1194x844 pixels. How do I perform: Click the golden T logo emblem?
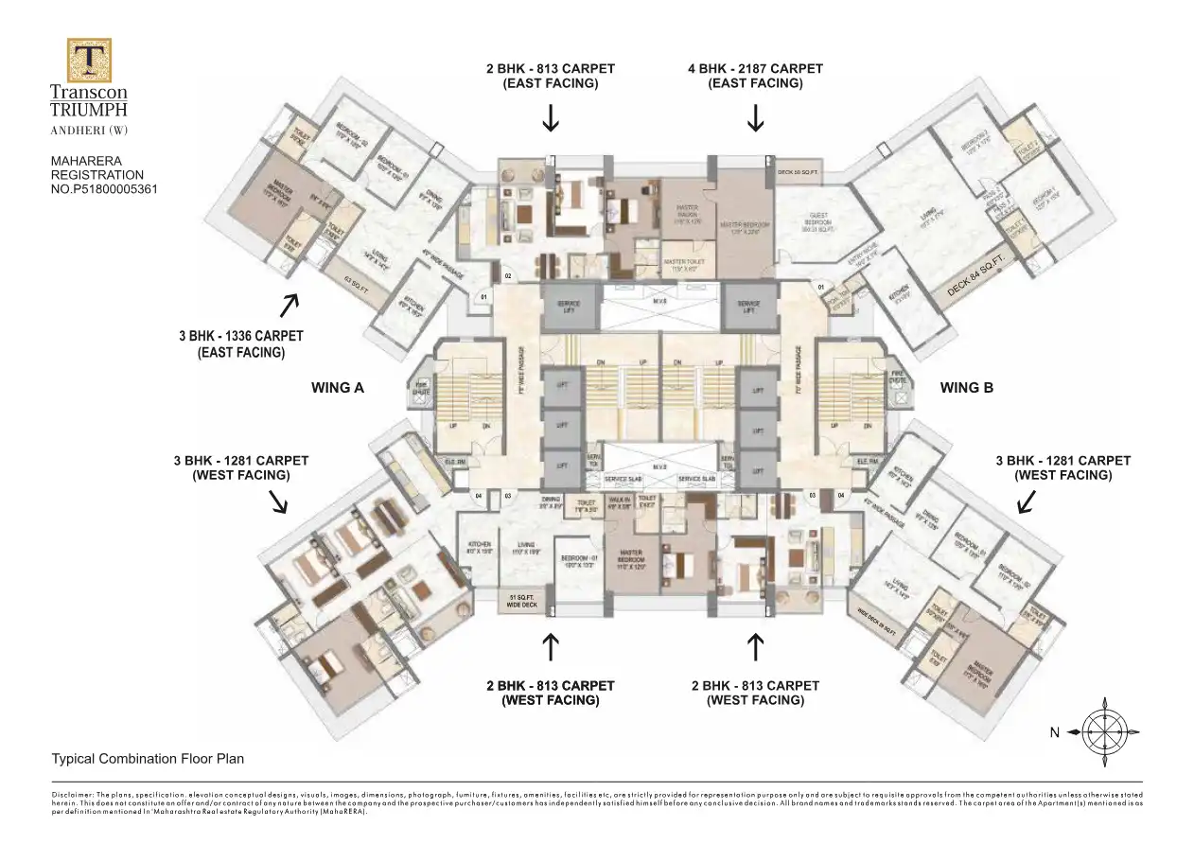(89, 60)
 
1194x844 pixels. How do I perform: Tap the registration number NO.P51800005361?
(103, 188)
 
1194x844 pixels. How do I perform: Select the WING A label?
(338, 387)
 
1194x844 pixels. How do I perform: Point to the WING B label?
(966, 387)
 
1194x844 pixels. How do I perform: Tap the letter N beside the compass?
(1054, 732)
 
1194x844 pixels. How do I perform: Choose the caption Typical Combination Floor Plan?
(148, 759)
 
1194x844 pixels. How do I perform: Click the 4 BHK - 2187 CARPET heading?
(755, 69)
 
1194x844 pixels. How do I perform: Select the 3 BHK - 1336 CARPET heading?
(240, 337)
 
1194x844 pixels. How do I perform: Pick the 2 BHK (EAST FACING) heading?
(550, 76)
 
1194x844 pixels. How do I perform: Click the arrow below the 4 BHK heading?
(755, 118)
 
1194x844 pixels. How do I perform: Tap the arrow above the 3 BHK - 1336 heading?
(289, 304)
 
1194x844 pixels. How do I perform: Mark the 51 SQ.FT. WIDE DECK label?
(522, 601)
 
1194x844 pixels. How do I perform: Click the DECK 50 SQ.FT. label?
(798, 172)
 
